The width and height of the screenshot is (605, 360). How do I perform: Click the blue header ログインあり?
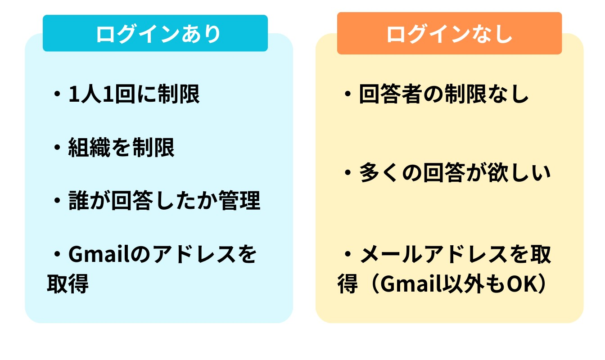[x=155, y=34]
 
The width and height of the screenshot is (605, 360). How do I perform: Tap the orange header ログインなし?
[x=449, y=34]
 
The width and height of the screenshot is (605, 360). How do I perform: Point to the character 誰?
[x=78, y=201]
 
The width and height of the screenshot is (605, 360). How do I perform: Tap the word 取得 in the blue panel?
[x=68, y=283]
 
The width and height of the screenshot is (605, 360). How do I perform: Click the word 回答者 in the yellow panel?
[x=390, y=94]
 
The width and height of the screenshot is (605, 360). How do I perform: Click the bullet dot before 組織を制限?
[x=57, y=148]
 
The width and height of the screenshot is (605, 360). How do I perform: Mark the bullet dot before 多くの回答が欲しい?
[x=348, y=174]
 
